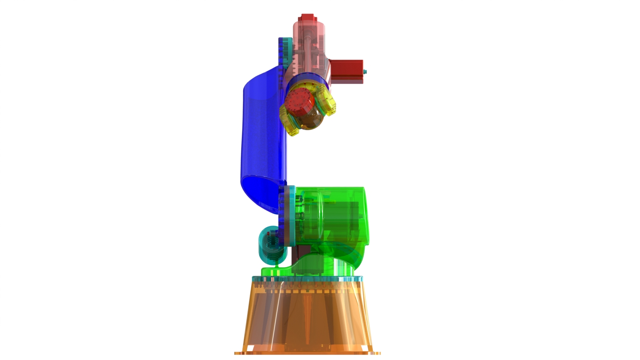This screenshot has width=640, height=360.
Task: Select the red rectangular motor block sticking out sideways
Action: [346, 71]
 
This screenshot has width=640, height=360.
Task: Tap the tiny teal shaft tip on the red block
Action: [365, 72]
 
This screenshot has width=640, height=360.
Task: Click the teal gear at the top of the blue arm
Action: [284, 52]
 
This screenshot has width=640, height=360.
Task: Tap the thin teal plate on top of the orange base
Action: [308, 279]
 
